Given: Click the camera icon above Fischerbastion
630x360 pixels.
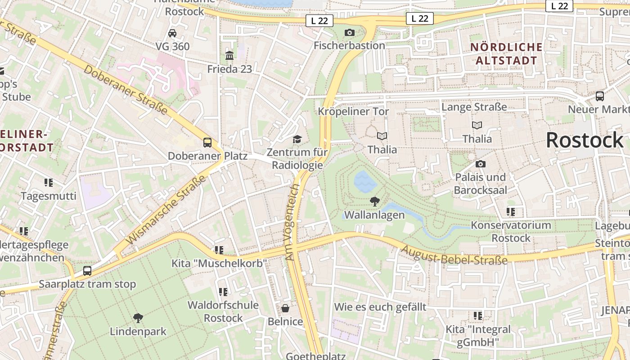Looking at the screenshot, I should click(349, 32).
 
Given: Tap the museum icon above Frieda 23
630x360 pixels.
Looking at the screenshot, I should click(229, 56).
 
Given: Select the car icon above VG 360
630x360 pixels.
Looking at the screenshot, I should click(172, 33).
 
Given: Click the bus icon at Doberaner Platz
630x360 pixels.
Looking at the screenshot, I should click(207, 143).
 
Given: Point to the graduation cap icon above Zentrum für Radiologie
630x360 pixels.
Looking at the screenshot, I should click(297, 139).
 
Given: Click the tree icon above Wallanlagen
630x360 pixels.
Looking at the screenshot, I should click(374, 201).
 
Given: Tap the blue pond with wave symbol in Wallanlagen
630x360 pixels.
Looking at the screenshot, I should click(365, 181).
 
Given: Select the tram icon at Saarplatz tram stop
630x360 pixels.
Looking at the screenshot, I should click(87, 271).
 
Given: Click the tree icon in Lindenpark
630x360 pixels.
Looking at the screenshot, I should click(138, 318).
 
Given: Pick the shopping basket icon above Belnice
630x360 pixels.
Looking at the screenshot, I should click(285, 308).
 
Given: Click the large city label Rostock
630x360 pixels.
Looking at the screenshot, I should click(584, 140).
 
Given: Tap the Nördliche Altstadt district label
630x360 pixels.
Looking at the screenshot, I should click(506, 54).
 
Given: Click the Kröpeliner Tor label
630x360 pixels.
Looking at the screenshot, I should click(353, 111).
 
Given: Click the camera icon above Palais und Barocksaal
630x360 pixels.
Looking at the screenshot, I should click(480, 164).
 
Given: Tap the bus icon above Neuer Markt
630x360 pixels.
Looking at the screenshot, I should click(599, 96).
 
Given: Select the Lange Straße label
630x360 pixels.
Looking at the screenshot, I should click(474, 107).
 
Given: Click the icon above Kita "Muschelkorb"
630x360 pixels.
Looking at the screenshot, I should click(219, 250).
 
